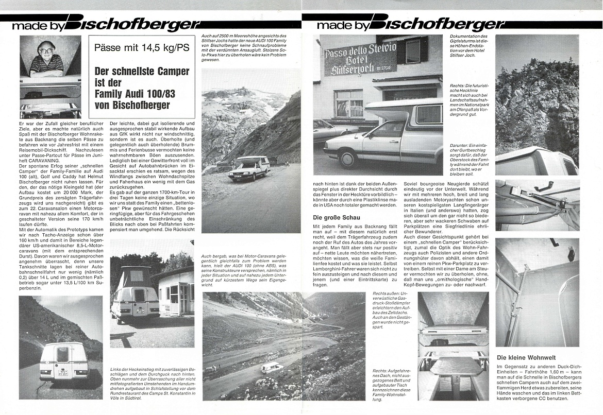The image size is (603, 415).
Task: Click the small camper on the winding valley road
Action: click(272, 367)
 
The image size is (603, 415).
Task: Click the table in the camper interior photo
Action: click(453, 366)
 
